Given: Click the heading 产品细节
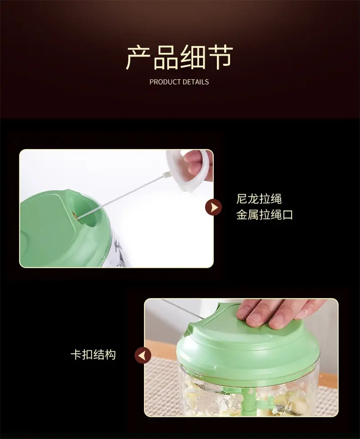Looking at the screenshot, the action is click(179, 58).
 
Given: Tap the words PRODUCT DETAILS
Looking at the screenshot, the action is click(179, 82).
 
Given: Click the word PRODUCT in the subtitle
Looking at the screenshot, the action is click(165, 82).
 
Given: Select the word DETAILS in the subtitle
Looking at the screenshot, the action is click(196, 82).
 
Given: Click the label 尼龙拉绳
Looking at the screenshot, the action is click(259, 199).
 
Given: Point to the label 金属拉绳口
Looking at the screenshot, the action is click(265, 215).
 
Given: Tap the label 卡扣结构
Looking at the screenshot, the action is click(93, 355).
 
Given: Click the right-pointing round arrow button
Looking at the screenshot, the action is click(214, 208).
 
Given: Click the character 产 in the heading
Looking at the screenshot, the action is click(139, 58).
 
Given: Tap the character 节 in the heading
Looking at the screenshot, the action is click(220, 58).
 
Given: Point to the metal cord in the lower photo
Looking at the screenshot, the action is click(183, 309).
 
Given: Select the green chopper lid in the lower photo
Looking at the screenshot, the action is click(248, 348).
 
